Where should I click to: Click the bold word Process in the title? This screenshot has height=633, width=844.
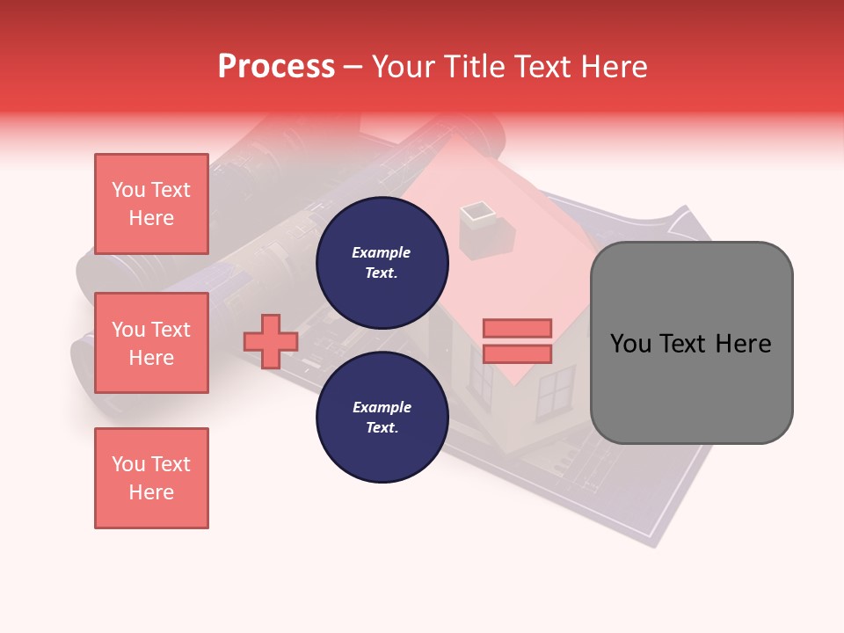click(276, 67)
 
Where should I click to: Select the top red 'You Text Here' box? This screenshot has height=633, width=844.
click(151, 204)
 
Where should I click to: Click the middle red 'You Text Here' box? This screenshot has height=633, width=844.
click(151, 343)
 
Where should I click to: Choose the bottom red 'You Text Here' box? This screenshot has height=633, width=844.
click(151, 478)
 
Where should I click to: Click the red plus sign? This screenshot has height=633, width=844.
click(271, 341)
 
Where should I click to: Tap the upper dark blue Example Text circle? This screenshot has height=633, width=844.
click(382, 263)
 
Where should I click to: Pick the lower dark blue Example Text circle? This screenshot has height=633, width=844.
click(382, 418)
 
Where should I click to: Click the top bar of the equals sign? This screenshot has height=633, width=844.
click(517, 328)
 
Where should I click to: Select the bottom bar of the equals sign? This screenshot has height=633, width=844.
click(517, 353)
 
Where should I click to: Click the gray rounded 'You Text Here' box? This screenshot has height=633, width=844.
click(691, 343)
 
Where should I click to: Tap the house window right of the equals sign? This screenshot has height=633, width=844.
click(555, 392)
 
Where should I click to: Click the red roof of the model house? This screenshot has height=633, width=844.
click(527, 255)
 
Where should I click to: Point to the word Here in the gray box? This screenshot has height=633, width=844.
click(744, 343)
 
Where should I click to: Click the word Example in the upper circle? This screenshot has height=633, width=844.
click(382, 252)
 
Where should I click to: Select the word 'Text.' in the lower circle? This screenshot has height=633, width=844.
click(382, 428)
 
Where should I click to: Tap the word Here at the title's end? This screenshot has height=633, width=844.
click(613, 67)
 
